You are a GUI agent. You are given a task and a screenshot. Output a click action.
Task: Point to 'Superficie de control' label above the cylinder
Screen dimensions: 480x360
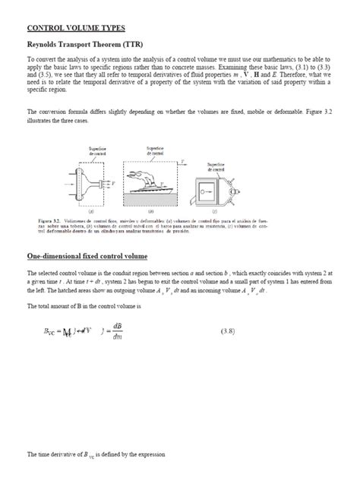pos(218,166)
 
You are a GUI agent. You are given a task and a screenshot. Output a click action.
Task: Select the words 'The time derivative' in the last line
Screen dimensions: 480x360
pos(54,454)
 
